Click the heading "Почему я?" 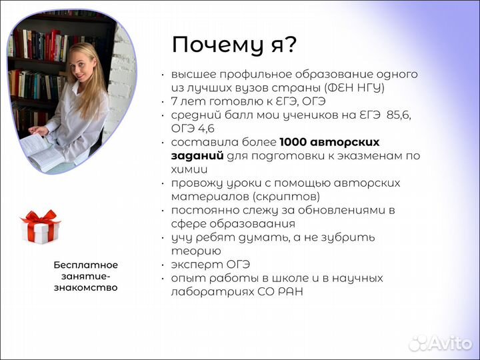click(x=234, y=45)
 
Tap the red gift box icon click(x=40, y=227)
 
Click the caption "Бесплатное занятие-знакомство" click(x=85, y=276)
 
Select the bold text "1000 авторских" click(x=329, y=142)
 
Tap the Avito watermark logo click(x=441, y=343)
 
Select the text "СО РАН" click(x=280, y=292)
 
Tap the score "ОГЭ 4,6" click(x=193, y=128)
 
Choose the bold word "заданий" click(x=197, y=155)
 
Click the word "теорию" click(x=195, y=251)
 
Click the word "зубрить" click(x=351, y=237)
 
